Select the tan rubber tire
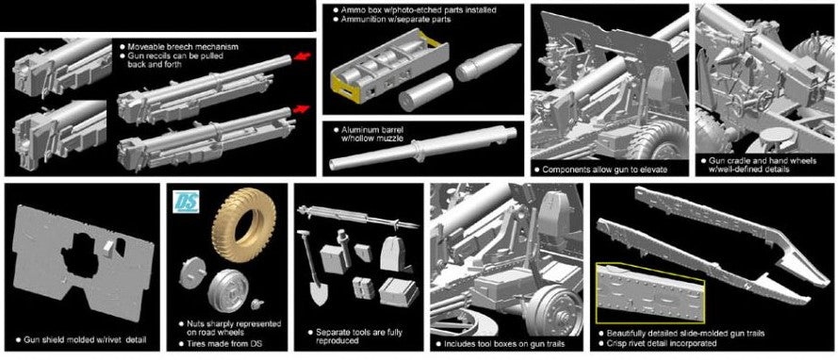244,225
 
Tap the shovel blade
319,291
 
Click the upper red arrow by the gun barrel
302,57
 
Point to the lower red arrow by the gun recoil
302,109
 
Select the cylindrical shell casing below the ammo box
425,91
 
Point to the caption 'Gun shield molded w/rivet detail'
85,339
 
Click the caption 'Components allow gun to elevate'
605,170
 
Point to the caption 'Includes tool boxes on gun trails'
504,343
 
